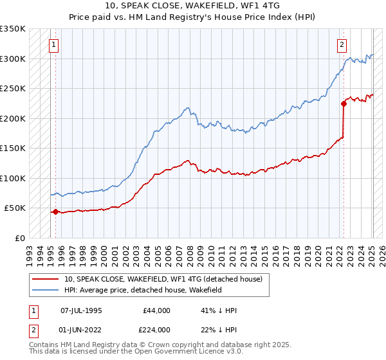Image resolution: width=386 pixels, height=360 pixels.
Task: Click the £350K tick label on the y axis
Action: [x=13, y=29]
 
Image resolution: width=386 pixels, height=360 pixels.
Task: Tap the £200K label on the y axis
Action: [x=13, y=118]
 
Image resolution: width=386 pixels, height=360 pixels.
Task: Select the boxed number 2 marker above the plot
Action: [x=342, y=44]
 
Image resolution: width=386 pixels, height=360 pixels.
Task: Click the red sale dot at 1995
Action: [x=55, y=212]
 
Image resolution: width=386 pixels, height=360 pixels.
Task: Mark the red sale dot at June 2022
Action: [x=344, y=105]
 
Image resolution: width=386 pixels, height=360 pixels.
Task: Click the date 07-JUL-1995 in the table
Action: [x=81, y=310]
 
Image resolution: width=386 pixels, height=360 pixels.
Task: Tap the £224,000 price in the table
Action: [x=157, y=330]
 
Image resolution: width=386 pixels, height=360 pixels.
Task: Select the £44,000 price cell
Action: [x=157, y=310]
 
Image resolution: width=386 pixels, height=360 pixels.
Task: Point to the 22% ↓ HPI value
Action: [x=219, y=330]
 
